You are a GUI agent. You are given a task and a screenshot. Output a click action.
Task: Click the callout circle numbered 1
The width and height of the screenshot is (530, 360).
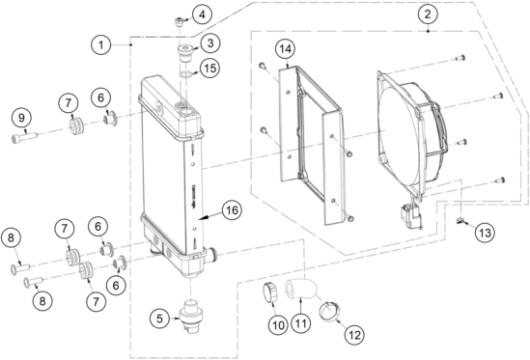[x=101, y=44]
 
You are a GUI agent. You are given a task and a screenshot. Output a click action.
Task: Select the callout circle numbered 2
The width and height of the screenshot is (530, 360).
[x=428, y=14]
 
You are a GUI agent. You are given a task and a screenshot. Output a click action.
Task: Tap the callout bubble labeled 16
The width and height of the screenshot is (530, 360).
[x=232, y=210]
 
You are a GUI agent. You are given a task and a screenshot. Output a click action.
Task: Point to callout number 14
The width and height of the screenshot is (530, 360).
[x=286, y=49]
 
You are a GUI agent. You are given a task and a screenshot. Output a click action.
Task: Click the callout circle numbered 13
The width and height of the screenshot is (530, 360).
[x=485, y=233]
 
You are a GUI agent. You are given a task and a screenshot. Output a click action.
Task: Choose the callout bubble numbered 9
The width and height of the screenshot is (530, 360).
[x=21, y=118]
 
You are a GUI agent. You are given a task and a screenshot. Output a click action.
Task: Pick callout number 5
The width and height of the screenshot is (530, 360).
[x=160, y=318]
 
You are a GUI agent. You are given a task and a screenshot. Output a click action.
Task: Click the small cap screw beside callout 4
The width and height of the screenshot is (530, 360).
[x=180, y=22]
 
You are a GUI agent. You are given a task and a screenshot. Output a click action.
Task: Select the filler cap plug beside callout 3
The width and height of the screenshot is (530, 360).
[x=185, y=52]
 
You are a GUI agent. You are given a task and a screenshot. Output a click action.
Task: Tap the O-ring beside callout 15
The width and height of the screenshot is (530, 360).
[x=184, y=75]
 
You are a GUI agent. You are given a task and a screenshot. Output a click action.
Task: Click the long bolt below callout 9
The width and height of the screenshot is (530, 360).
[x=24, y=138]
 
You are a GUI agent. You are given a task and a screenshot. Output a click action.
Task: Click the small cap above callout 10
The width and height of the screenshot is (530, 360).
[x=270, y=292]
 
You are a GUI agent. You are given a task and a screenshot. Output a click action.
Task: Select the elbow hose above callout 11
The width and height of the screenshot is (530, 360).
[x=301, y=290]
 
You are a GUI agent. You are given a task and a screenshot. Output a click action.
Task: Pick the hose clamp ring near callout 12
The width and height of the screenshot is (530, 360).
[x=329, y=311]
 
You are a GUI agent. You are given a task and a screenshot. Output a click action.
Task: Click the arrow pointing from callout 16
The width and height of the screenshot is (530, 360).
[x=210, y=215]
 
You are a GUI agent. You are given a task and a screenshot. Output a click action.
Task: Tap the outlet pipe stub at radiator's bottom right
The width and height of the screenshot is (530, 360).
[x=212, y=254]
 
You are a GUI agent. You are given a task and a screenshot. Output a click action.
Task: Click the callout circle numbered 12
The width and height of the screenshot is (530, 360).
[x=354, y=335]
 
